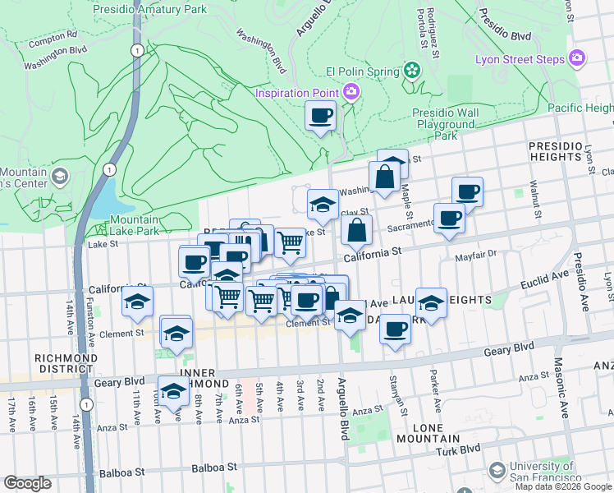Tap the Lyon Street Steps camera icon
pyautogui.click(x=577, y=58)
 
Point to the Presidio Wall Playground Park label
pyautogui.click(x=446, y=124)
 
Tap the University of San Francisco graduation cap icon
pyautogui.click(x=497, y=470)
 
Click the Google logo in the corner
pyautogui.click(x=28, y=483)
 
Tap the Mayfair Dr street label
pyautogui.click(x=476, y=256)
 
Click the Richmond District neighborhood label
pyautogui.click(x=66, y=364)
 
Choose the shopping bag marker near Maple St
pyautogui.click(x=384, y=176)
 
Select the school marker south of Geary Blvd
pyautogui.click(x=173, y=394)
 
